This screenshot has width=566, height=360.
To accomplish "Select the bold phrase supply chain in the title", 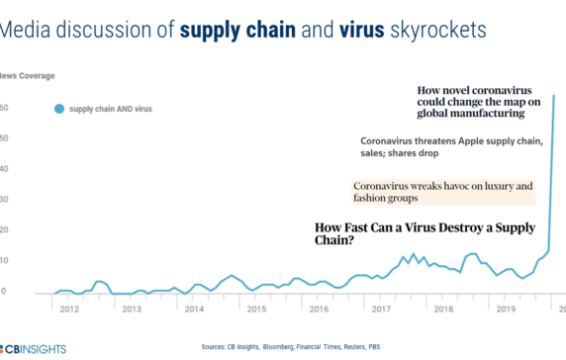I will click(x=239, y=30).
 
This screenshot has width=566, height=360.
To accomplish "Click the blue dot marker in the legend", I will click(x=58, y=109).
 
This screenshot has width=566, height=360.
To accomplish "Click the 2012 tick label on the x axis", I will click(x=69, y=310).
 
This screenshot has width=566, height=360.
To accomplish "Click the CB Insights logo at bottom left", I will click(x=30, y=349).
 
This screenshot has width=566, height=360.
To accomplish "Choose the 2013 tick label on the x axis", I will click(x=131, y=310).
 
